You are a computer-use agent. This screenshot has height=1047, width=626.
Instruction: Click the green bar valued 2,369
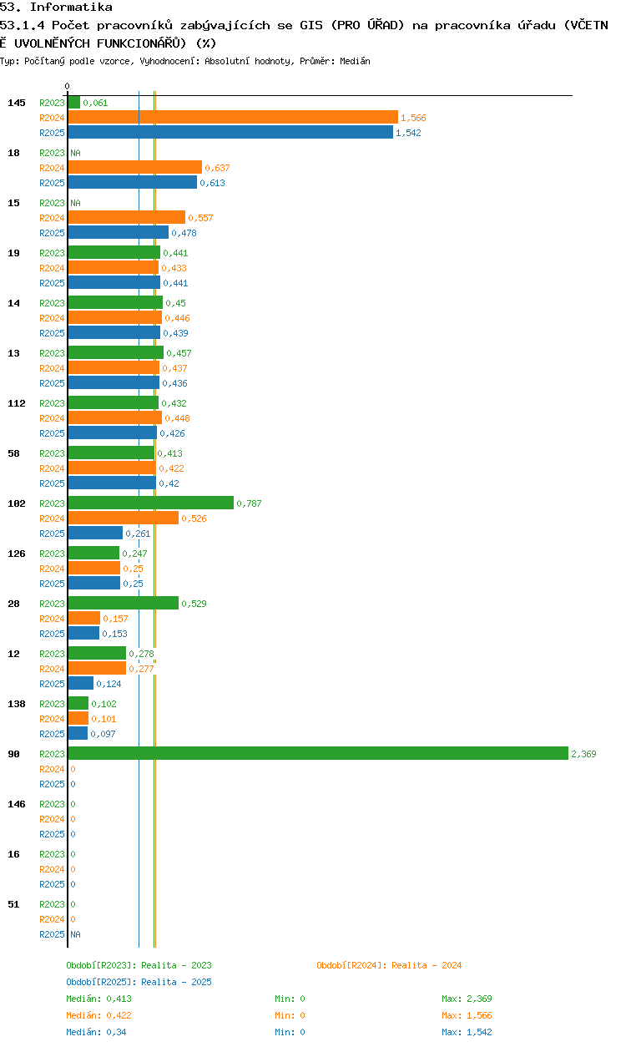coord(318,753)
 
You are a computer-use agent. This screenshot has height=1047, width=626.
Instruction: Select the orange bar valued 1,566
coord(233,117)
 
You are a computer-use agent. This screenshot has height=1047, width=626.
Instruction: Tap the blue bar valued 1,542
coord(230,132)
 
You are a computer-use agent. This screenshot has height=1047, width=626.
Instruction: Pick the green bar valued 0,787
coord(151,503)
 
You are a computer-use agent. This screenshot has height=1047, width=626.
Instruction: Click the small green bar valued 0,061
coord(73,102)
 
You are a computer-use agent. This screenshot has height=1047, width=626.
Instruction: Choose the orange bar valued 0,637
coord(135,167)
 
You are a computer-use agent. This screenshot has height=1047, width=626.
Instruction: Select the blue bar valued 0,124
coord(81,683)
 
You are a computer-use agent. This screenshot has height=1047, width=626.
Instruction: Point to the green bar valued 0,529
coord(124,603)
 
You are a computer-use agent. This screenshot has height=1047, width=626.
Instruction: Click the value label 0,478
coord(184,233)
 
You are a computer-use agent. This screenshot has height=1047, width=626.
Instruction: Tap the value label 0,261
coord(138,534)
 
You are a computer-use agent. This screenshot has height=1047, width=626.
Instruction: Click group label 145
coord(17,103)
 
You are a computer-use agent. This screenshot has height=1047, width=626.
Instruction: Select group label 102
coord(17,503)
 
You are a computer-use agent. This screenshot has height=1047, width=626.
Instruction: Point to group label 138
coord(17,704)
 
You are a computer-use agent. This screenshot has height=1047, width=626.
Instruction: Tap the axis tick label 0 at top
coord(68,86)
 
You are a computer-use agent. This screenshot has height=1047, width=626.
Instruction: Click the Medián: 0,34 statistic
coord(96,1032)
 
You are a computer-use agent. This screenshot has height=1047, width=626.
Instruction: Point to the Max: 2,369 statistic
coord(467,999)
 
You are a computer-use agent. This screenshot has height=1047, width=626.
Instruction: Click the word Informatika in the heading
coord(71,7)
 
